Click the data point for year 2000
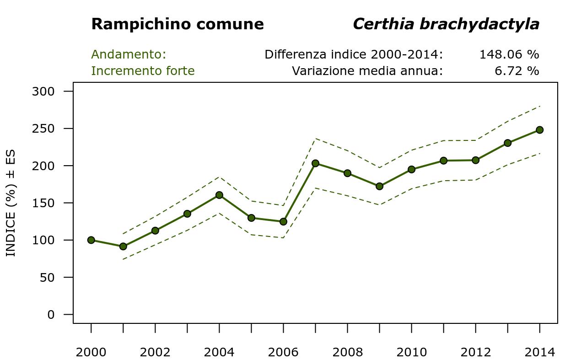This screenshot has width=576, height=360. (91, 240)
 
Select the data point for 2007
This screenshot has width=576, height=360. (315, 163)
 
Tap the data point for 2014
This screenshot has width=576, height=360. (539, 130)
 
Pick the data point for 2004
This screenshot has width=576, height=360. (219, 195)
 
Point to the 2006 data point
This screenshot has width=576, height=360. (283, 222)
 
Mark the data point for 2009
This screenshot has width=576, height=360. (379, 186)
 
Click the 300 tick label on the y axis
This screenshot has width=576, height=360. (43, 91)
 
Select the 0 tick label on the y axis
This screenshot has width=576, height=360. (50, 315)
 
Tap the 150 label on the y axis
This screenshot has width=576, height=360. (43, 203)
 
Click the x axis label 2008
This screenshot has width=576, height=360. (347, 352)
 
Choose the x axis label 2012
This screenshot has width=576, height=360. (475, 352)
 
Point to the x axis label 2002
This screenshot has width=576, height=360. (155, 352)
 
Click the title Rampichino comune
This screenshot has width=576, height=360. (178, 24)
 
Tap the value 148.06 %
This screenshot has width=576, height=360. (509, 54)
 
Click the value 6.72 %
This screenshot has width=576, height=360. (517, 71)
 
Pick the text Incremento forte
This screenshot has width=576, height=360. (143, 71)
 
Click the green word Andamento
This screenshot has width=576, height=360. (128, 54)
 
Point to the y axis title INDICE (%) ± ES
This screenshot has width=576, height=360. (11, 203)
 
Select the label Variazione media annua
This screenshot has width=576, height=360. (367, 71)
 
